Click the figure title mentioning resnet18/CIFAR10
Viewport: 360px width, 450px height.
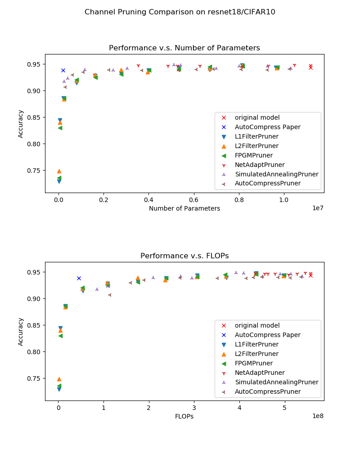pyautogui.click(x=180, y=12)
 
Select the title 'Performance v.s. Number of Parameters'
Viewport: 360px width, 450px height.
pyautogui.click(x=184, y=48)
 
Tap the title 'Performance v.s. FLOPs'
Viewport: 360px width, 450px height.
pyautogui.click(x=184, y=256)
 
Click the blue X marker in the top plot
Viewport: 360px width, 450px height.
pyautogui.click(x=63, y=70)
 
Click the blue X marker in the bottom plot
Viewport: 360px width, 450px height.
pyautogui.click(x=79, y=278)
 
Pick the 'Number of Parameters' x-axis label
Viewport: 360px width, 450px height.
pyautogui.click(x=184, y=208)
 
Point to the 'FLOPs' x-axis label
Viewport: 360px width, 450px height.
pyautogui.click(x=184, y=416)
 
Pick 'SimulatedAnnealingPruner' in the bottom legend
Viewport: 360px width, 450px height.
pyautogui.click(x=276, y=382)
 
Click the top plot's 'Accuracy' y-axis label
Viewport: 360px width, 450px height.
pyautogui.click(x=21, y=124)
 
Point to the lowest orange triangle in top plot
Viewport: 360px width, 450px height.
pyautogui.click(x=59, y=171)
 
